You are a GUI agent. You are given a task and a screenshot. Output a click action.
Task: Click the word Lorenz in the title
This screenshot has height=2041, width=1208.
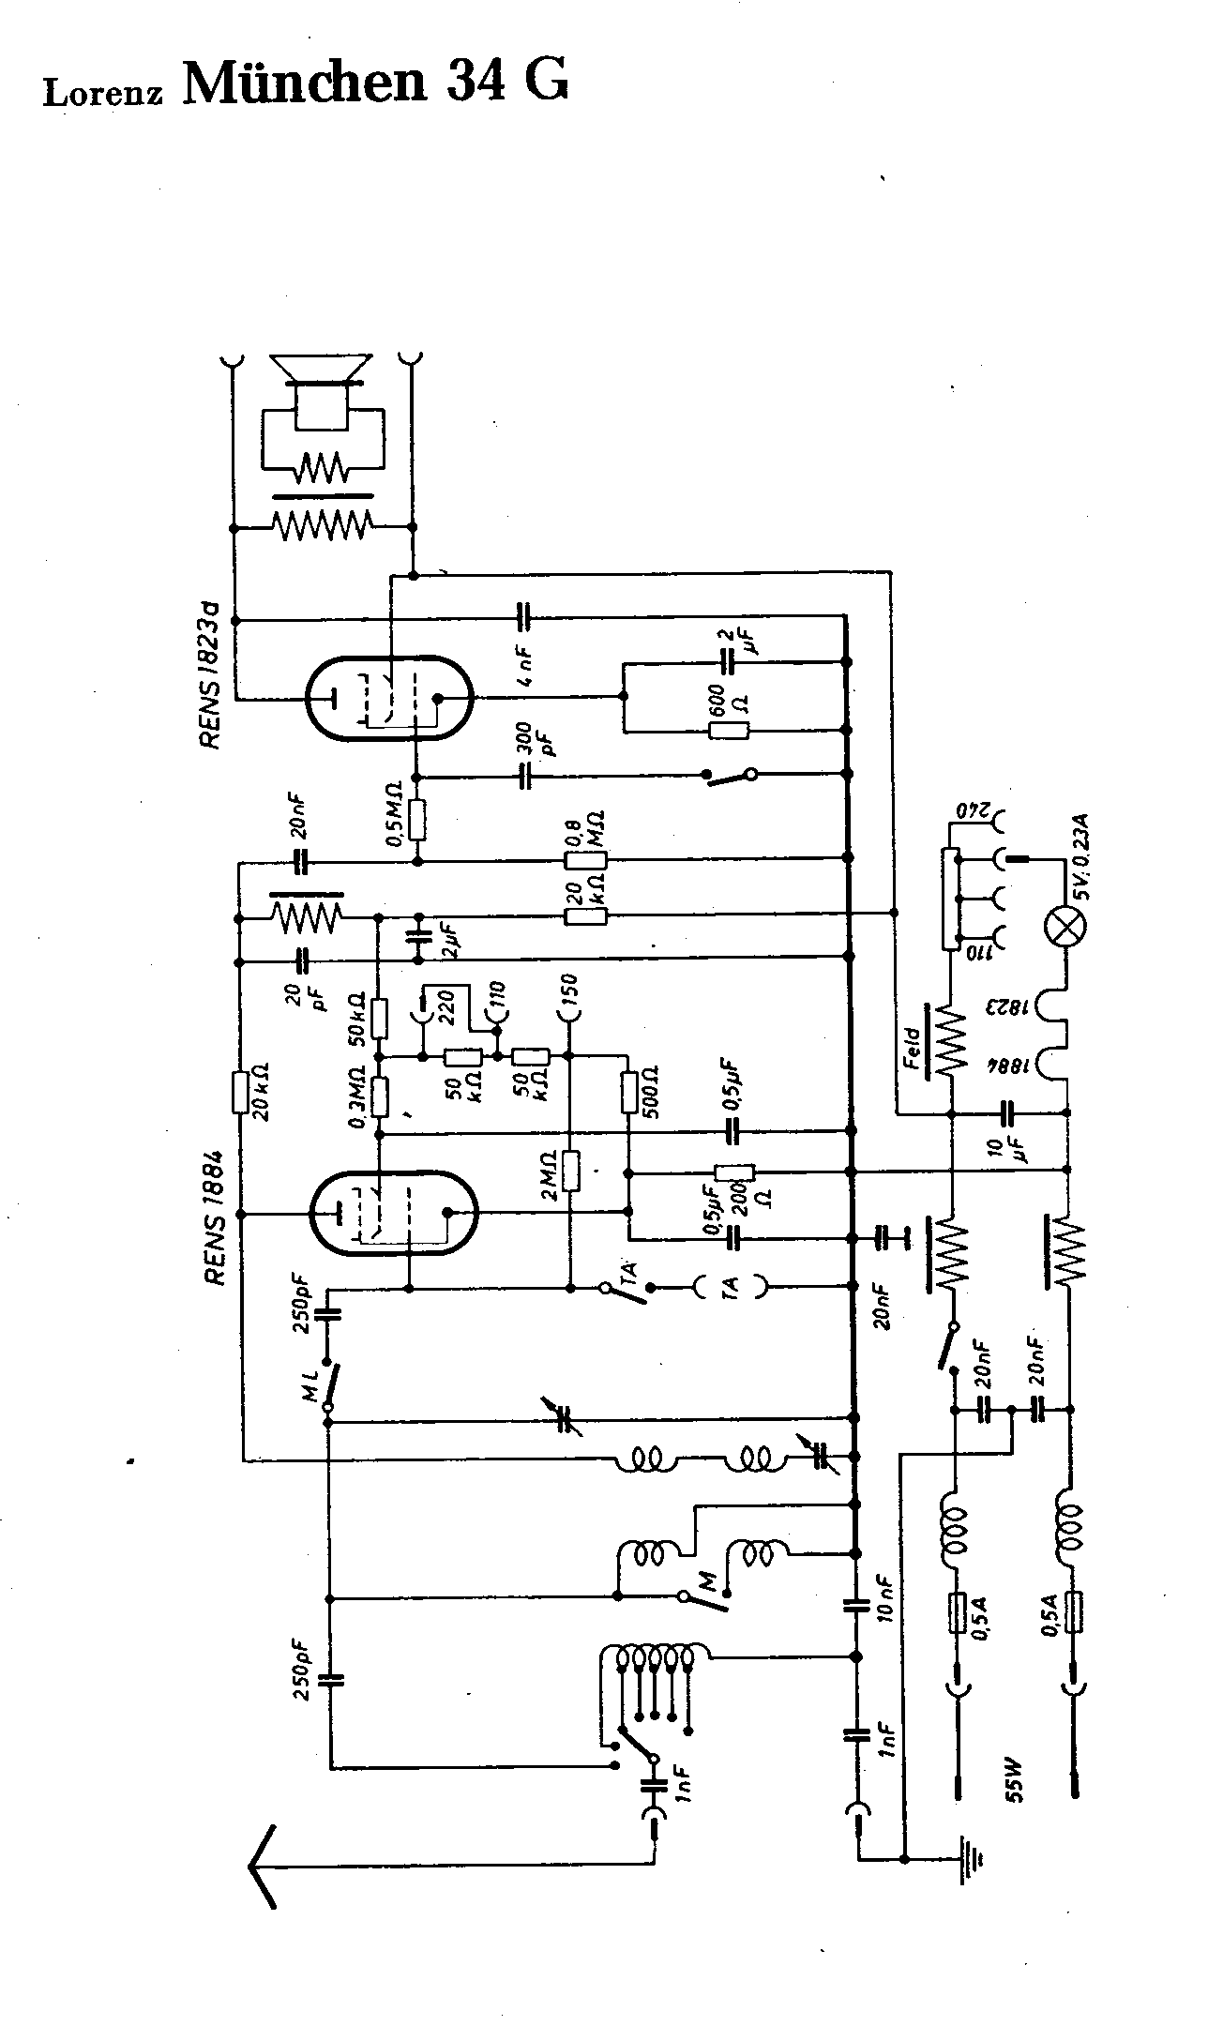(103, 94)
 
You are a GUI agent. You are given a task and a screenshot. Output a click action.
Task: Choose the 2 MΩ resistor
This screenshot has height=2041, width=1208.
(570, 1171)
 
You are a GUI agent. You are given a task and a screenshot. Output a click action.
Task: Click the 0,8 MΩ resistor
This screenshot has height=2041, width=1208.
(585, 859)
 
